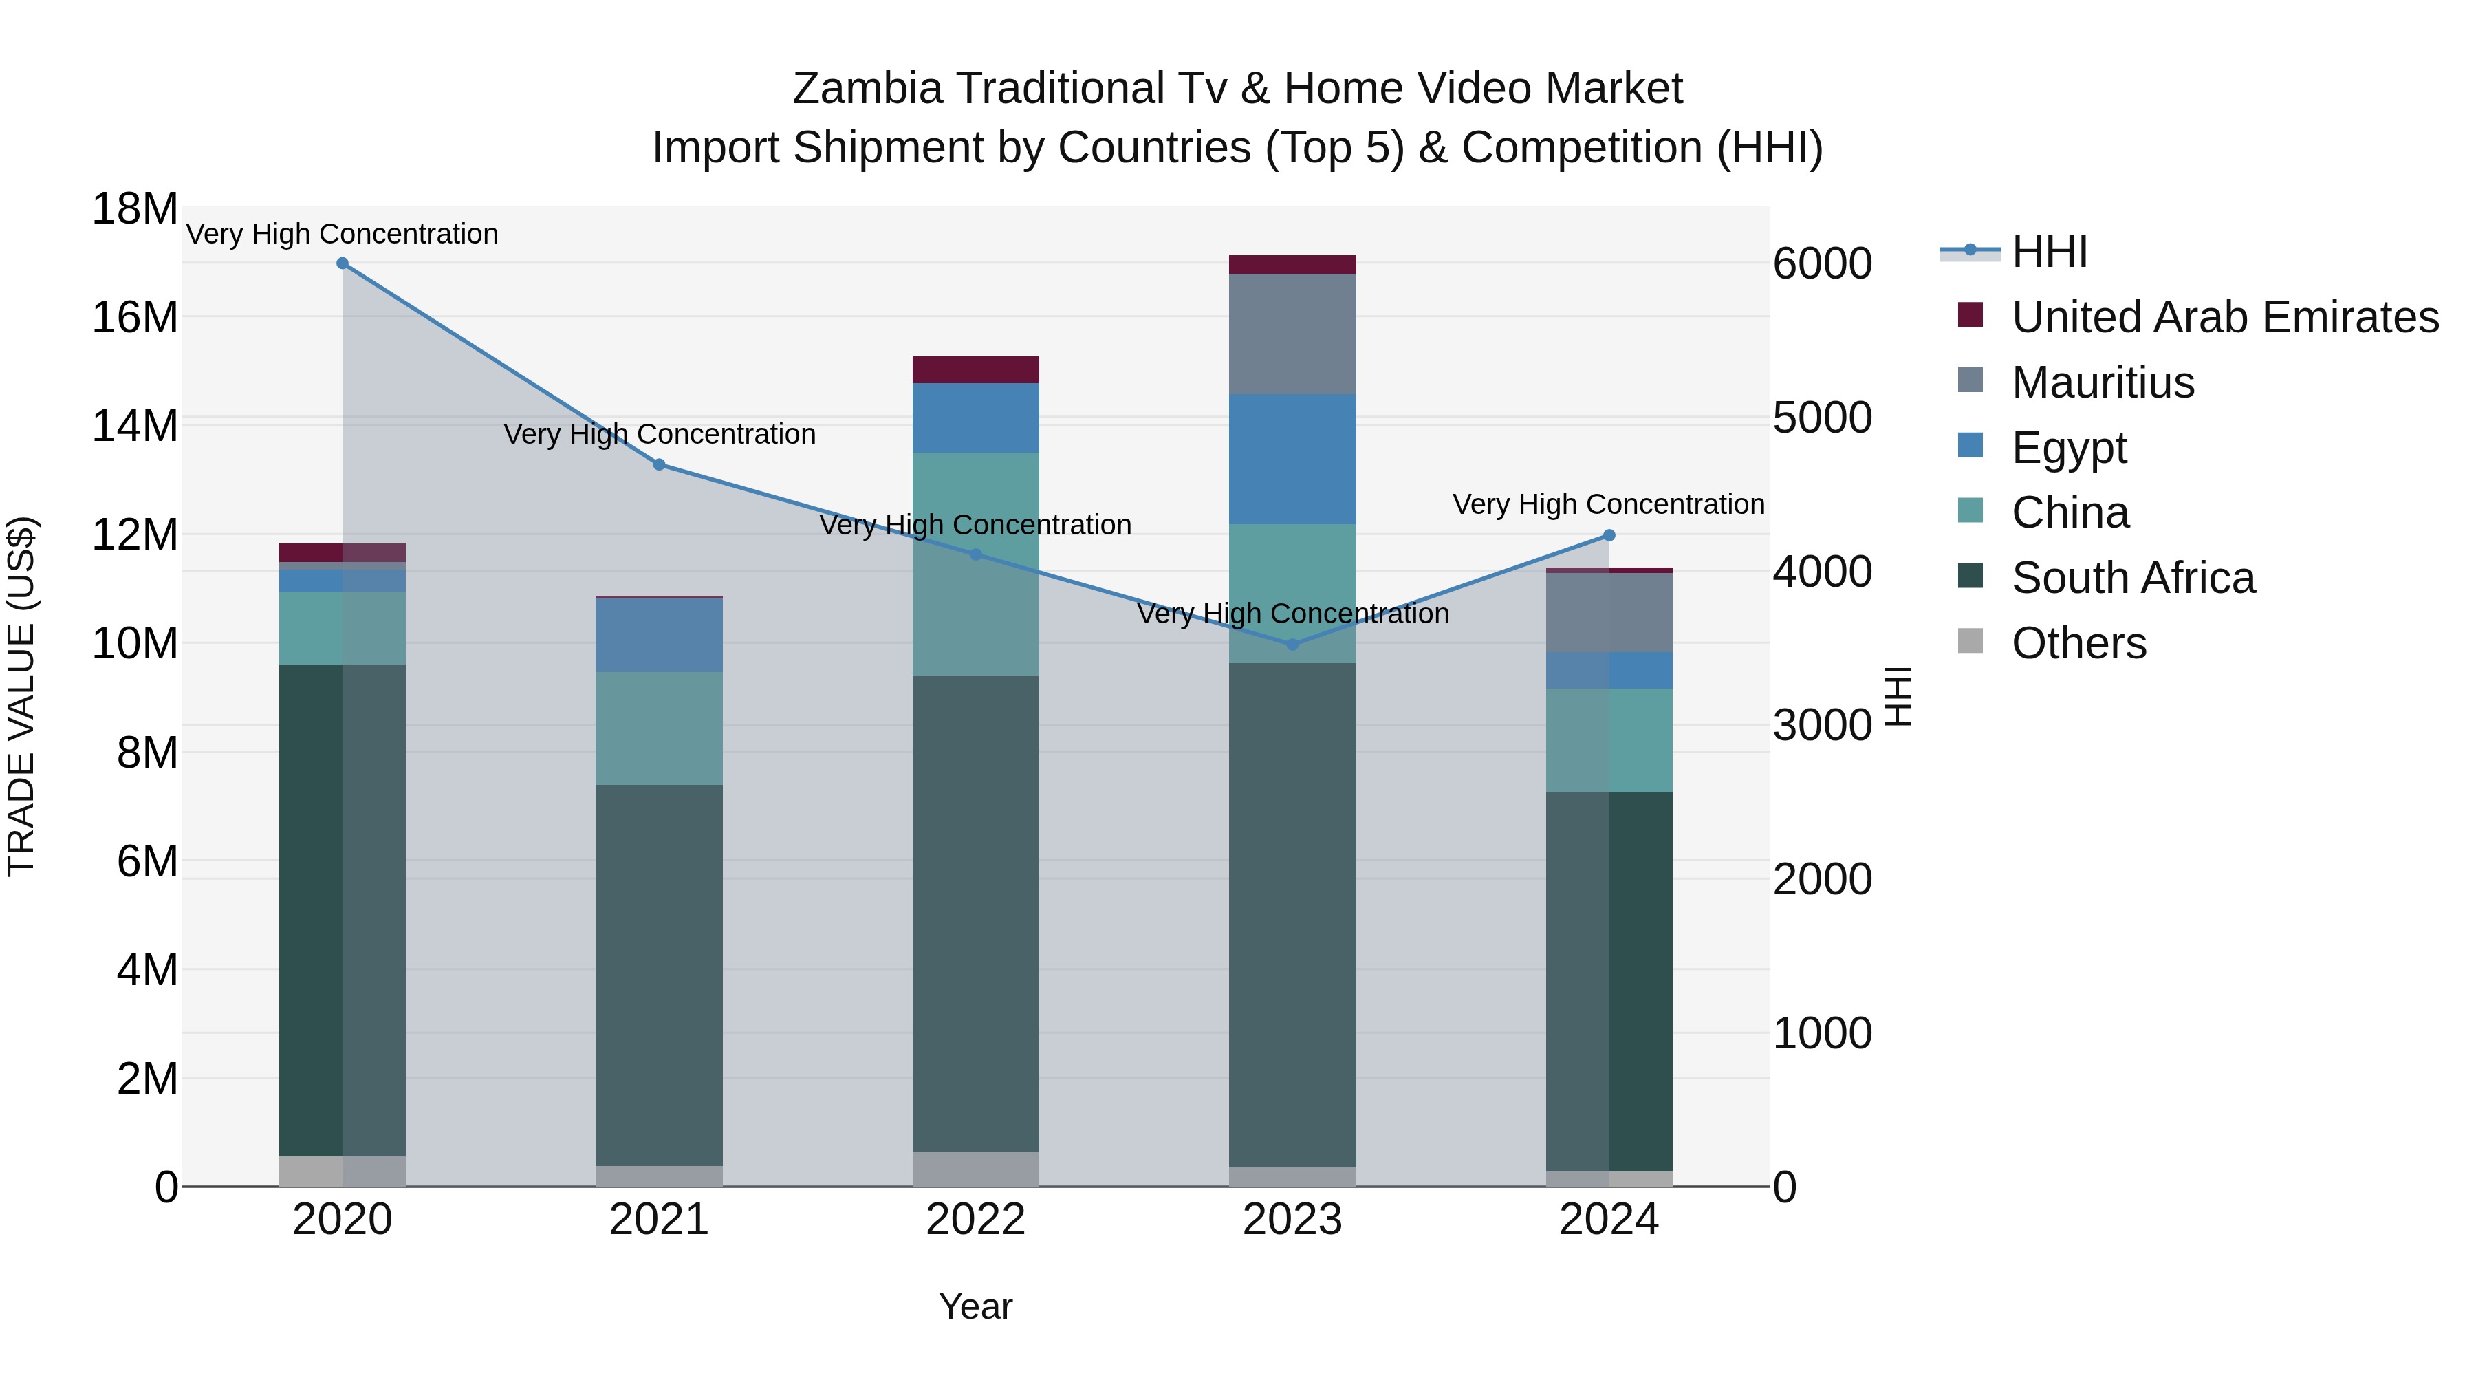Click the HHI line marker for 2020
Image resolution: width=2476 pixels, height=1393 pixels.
(x=343, y=263)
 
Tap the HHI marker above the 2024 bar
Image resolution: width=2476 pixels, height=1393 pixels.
(x=1609, y=535)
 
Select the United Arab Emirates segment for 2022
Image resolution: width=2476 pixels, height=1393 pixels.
(x=975, y=370)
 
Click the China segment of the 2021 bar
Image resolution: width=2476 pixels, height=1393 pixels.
(x=660, y=728)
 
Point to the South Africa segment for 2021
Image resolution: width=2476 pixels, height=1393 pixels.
(x=660, y=975)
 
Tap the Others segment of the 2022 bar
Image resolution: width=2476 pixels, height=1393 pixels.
(x=975, y=1168)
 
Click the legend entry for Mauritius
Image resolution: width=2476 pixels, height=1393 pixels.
(x=2103, y=382)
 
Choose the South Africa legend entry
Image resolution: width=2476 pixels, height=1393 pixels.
(x=2133, y=579)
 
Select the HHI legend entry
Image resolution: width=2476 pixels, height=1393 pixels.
(x=2050, y=252)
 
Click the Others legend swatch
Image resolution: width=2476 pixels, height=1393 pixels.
(x=1970, y=641)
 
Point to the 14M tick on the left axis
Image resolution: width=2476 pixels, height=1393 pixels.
(x=135, y=425)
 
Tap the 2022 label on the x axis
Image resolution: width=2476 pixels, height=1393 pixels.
(x=975, y=1220)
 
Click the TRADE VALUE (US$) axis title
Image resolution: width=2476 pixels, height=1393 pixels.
(x=22, y=696)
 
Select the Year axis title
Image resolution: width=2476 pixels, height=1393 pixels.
(x=975, y=1306)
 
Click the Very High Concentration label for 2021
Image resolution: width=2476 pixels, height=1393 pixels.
(x=660, y=435)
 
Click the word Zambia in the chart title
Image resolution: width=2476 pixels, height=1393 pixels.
(x=867, y=89)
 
